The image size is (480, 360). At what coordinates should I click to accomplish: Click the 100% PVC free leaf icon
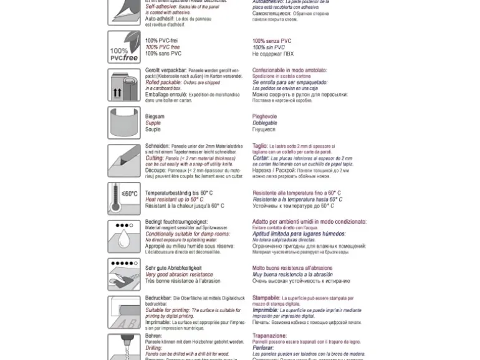(x=123, y=47)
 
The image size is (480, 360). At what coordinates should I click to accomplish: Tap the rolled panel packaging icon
(x=123, y=85)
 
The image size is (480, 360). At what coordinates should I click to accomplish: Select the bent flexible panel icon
(x=123, y=122)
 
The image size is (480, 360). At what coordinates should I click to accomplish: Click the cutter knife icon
(x=123, y=160)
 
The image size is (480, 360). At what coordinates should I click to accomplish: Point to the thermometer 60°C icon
(x=123, y=199)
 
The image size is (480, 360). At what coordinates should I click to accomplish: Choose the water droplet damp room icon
(x=123, y=237)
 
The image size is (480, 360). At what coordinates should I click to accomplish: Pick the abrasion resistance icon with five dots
(x=123, y=275)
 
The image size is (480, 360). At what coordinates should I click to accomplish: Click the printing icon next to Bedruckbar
(x=123, y=312)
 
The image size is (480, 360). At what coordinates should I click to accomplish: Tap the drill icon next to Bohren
(x=123, y=346)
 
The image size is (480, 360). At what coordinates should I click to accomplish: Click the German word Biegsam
(x=155, y=116)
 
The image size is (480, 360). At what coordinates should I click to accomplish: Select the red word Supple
(x=153, y=123)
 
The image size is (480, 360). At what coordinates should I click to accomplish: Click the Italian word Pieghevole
(x=264, y=116)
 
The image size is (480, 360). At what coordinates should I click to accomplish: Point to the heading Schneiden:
(x=157, y=146)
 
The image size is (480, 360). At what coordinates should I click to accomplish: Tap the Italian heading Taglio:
(x=260, y=146)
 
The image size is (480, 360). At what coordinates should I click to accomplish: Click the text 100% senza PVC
(x=272, y=41)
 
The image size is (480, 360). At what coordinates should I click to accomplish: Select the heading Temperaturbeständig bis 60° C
(x=179, y=193)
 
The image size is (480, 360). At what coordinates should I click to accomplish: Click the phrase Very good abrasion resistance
(x=179, y=275)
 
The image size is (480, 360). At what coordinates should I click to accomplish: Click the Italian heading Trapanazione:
(x=269, y=336)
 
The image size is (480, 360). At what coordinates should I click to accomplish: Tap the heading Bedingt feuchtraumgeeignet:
(x=176, y=222)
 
